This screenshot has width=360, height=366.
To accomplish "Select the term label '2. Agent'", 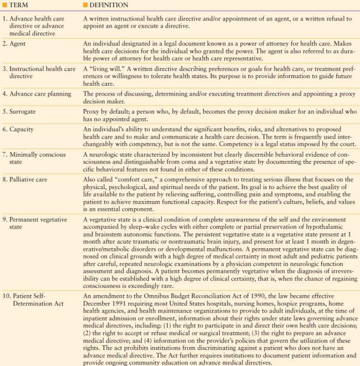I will point(15,44).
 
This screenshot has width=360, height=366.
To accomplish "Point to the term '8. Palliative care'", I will point(28,179).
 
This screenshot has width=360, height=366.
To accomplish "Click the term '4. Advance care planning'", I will point(39,94).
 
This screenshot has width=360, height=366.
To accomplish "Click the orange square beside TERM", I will point(5,6).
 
